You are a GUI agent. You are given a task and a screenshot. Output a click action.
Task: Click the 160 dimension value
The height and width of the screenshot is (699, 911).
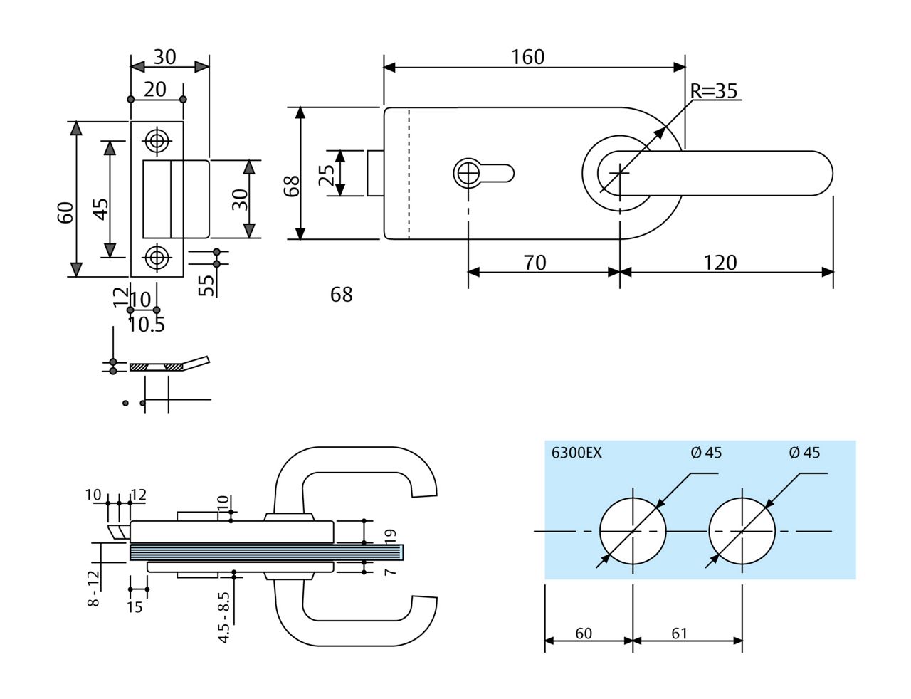point(527,57)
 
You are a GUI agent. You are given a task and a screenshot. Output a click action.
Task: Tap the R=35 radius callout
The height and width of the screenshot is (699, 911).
point(713,91)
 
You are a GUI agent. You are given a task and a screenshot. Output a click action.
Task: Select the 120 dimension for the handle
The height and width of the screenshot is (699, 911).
point(720,263)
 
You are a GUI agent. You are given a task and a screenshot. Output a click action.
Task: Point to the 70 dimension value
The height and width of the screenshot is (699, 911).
point(535,263)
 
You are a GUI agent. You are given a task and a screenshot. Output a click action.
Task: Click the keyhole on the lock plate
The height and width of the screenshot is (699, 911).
point(469,172)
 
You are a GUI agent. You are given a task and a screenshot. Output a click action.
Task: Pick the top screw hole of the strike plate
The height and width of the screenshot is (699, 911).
point(157,140)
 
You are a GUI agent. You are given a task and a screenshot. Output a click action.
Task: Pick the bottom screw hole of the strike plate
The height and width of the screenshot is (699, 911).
point(157,257)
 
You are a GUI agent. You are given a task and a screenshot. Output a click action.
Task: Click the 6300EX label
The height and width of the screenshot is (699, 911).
point(576,453)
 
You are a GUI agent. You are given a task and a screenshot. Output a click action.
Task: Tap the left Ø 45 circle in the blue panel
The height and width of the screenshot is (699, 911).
point(633,532)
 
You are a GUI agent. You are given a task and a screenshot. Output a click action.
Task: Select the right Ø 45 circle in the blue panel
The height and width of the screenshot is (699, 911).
point(742,532)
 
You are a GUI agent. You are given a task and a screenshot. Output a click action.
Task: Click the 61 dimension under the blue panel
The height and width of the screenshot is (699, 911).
point(679,633)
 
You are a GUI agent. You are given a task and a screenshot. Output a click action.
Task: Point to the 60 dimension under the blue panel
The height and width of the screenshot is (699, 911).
point(584,633)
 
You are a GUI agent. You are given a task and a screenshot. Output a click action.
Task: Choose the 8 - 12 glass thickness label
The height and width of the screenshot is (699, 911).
point(93,588)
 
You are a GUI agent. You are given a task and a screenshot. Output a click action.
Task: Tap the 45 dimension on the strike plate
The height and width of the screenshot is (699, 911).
point(101,209)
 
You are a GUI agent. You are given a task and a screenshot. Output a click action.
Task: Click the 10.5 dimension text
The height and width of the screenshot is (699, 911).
point(147,325)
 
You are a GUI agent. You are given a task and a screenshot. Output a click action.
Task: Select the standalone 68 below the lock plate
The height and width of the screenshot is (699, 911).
point(342,294)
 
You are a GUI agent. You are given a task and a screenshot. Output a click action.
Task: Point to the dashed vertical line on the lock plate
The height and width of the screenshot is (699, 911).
point(409,174)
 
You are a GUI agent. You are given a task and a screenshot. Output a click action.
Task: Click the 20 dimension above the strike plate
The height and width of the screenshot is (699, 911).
point(155,89)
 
